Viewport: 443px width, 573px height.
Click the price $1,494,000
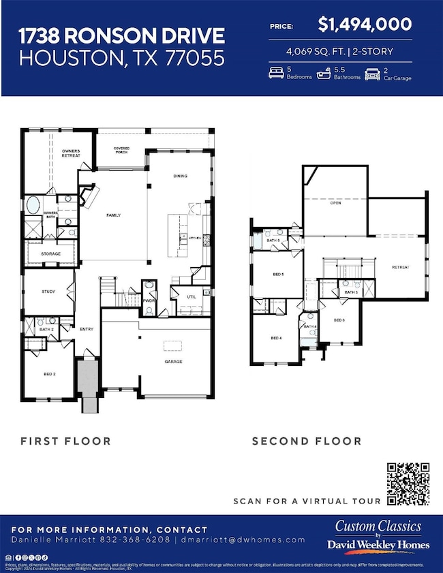365,25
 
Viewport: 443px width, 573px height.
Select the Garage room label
172,362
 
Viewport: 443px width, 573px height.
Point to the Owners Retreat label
71,153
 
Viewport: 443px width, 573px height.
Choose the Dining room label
180,176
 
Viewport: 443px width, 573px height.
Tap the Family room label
113,215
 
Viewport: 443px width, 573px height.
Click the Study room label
48,292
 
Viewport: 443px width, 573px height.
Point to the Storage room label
50,254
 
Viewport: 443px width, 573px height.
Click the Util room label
192,297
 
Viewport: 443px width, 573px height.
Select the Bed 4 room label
276,338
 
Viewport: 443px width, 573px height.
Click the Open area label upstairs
335,202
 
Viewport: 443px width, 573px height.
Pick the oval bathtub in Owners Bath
33,205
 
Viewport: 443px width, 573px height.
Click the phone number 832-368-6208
142,540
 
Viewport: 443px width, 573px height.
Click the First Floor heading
65,441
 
